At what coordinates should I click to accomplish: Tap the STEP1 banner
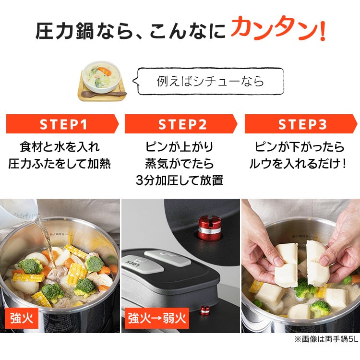[x=62, y=124]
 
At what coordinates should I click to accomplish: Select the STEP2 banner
[x=181, y=124]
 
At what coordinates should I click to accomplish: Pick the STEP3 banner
[x=301, y=124]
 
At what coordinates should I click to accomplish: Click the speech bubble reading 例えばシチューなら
[x=208, y=81]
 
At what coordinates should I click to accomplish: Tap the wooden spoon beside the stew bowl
[x=104, y=94]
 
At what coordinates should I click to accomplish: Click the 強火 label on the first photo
[x=22, y=318]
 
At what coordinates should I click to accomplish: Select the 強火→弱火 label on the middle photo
[x=157, y=318]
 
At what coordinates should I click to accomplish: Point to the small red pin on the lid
[x=204, y=310]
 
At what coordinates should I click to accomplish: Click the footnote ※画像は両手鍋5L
[x=326, y=339]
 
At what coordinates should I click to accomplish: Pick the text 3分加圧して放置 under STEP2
[x=180, y=180]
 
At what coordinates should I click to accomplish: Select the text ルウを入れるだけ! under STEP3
[x=298, y=164]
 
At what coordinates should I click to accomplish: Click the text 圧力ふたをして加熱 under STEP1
[x=60, y=164]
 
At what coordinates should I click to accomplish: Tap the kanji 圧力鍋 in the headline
[x=65, y=31]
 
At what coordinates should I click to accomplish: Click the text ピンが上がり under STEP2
[x=180, y=147]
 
